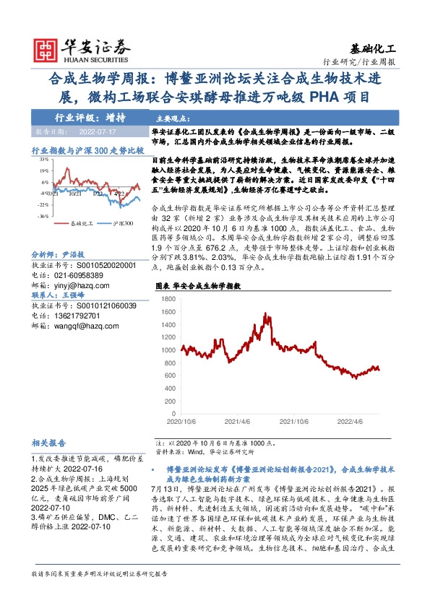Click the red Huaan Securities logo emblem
coord(46,46)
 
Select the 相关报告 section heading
coord(49,442)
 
